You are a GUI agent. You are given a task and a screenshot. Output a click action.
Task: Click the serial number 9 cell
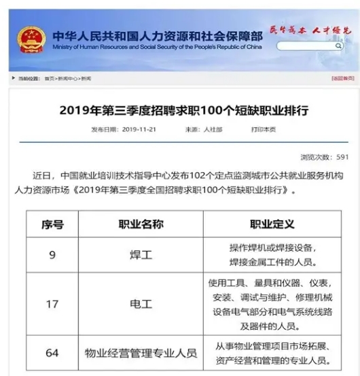tap(52, 255)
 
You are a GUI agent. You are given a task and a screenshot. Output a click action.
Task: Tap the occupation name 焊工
tap(141, 255)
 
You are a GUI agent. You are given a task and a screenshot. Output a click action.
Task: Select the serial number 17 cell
tap(52, 304)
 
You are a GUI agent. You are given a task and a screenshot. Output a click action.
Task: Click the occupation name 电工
tap(141, 304)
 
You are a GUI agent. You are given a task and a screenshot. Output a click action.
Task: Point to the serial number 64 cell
tap(52, 353)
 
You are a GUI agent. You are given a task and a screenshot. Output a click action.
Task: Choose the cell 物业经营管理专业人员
tap(141, 353)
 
